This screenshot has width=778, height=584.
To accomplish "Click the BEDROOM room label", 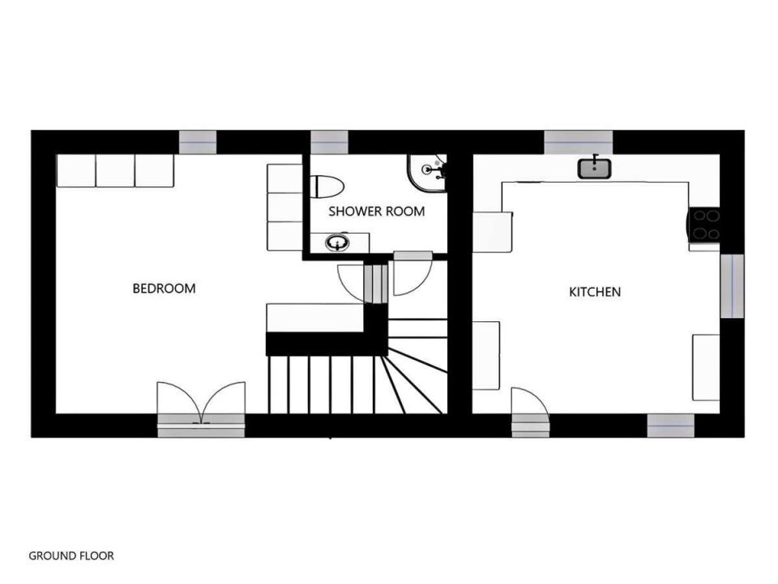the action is (164, 289).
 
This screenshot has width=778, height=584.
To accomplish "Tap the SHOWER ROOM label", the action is (377, 212).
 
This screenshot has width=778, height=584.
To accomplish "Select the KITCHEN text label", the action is (594, 292).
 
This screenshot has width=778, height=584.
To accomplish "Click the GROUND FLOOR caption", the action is (71, 556).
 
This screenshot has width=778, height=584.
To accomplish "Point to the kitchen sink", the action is (594, 168).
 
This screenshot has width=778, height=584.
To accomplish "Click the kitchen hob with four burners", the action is (703, 225).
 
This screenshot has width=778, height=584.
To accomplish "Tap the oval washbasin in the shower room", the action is (338, 243).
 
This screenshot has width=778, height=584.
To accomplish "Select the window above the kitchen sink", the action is (578, 143).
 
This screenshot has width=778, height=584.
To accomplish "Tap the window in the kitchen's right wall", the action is (732, 286).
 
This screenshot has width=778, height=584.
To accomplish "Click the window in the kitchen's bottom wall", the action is (670, 426).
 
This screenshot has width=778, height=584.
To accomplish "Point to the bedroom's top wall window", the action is (198, 143).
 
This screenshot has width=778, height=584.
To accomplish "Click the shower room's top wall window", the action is (330, 143).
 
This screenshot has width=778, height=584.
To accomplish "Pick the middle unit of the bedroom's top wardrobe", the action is (115, 171).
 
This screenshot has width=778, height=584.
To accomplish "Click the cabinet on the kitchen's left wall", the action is (485, 355).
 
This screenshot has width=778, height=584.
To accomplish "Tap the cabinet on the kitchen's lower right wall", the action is (706, 367).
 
